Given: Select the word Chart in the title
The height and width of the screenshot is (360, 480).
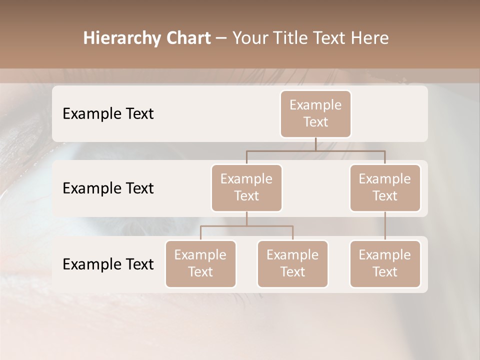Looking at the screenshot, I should pos(185,38).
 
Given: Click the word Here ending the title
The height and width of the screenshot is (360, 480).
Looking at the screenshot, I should pos(370,38).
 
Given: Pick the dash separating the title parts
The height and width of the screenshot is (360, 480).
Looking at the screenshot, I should pos(221,38).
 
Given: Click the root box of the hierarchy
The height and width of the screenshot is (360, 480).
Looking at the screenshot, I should pos(315,114).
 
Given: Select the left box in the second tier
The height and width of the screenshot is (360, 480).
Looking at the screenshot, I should pos(246,188).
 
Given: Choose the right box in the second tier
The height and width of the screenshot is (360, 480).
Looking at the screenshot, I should pos(385,188).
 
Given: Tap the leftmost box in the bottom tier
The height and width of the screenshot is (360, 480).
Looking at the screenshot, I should pos(200,264).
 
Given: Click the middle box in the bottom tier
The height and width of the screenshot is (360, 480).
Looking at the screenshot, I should pos(292,264).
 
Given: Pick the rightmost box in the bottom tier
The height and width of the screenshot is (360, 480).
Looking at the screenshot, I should pos(385,264).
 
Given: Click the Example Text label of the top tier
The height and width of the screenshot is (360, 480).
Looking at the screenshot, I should pos(108,114).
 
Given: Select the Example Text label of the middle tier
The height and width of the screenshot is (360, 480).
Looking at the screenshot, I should pos(108,188).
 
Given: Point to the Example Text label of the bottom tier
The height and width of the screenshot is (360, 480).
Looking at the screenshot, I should pos(108,264).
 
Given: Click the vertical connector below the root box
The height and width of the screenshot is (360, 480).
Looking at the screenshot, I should pos(315,144).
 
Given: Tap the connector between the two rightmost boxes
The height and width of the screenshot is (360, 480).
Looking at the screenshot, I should pos(385,226).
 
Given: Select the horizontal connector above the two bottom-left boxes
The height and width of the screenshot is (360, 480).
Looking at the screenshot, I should pos(246,226).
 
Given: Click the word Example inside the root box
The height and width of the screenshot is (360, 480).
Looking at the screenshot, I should pos(315,105).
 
